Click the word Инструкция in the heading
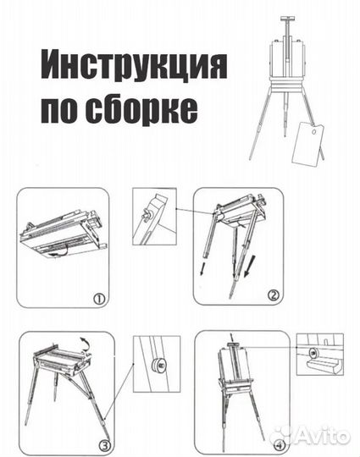(134, 66)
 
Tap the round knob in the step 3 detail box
(158, 366)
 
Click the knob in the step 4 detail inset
(313, 350)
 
